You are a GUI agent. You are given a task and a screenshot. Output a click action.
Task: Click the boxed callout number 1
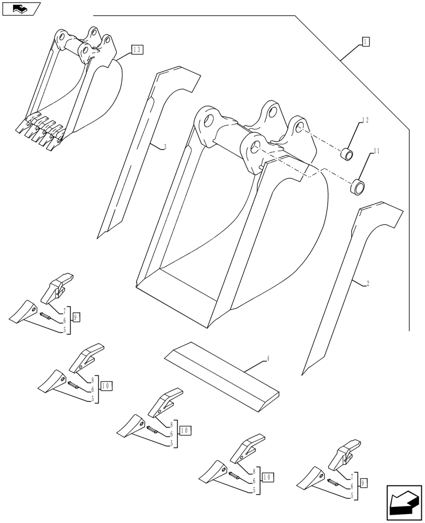coord(365,42)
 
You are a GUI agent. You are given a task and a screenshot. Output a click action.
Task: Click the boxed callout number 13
coord(137,50)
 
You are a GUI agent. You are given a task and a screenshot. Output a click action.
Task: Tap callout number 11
coord(376,151)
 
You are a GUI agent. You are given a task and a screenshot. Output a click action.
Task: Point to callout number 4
coord(268,359)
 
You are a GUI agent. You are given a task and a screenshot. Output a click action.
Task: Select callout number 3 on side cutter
coord(165,147)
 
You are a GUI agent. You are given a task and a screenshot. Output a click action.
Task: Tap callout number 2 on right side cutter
coord(367,283)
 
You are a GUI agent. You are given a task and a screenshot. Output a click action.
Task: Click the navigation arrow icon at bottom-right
coord(404,502)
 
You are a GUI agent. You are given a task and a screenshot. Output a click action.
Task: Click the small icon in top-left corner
coord(21,8)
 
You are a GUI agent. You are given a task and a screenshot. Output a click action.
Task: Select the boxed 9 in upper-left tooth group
coord(76,317)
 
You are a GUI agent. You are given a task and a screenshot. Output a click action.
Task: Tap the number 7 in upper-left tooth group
coord(65,312)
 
